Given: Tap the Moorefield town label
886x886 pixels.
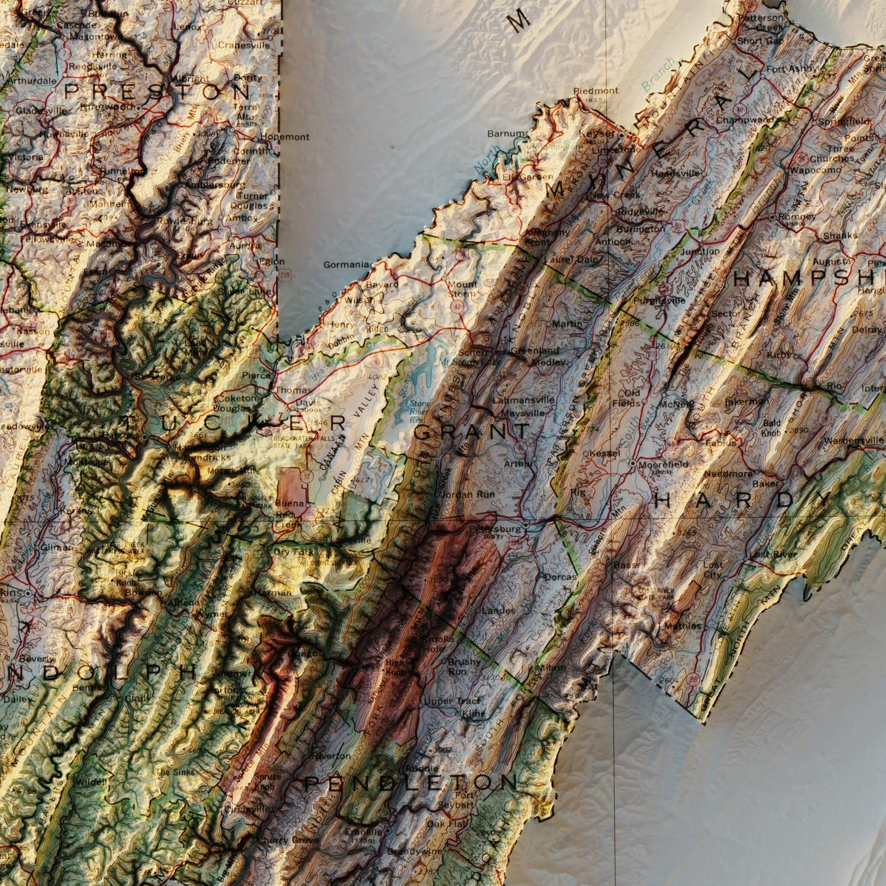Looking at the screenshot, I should pos(663,464).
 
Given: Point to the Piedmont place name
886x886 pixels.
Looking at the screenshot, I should pos(596,91).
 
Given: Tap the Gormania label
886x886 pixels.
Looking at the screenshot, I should pos(345,265).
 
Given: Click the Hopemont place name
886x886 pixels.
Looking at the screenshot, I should pos(285,137).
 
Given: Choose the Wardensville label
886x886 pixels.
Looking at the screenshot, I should pos(854,440).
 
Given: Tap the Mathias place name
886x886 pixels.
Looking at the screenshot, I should pos(682,627).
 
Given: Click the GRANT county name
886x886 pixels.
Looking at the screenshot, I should pos(471,431).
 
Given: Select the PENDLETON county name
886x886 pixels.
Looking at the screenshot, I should pos(410,782).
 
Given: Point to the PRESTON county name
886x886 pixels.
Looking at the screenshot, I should pos(156,92).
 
